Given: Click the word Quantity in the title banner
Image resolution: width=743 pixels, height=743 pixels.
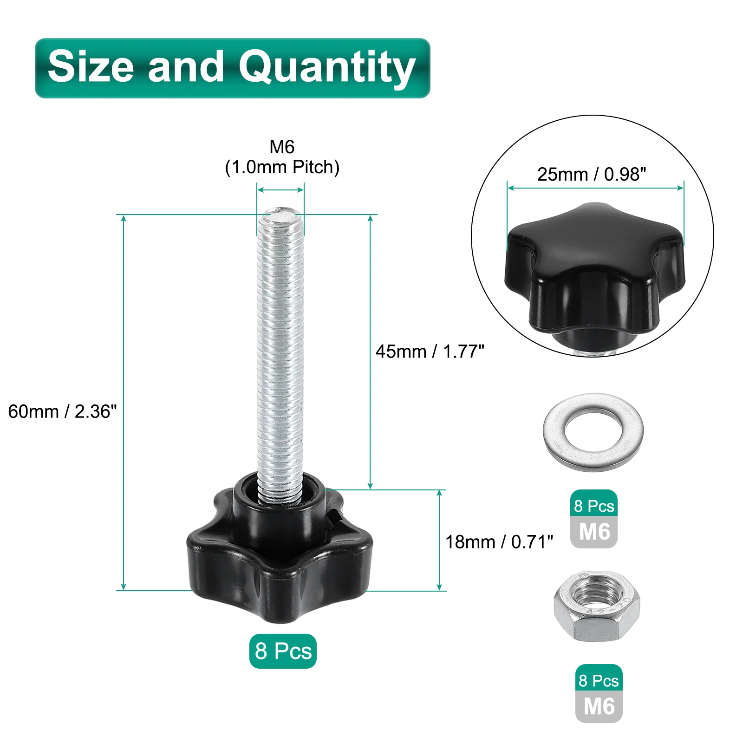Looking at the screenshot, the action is pyautogui.click(x=327, y=68).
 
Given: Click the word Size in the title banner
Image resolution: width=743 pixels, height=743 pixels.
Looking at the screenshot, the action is pyautogui.click(x=91, y=66).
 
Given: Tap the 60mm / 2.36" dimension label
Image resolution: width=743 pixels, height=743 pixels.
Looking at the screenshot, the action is pyautogui.click(x=63, y=411).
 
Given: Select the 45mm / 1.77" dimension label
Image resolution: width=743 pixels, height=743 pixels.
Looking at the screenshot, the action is pyautogui.click(x=430, y=352).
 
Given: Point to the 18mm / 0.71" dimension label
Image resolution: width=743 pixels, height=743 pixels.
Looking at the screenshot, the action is pyautogui.click(x=499, y=541).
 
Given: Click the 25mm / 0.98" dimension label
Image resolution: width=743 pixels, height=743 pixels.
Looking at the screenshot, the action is pyautogui.click(x=592, y=174).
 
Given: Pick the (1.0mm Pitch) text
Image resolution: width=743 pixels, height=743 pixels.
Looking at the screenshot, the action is pyautogui.click(x=282, y=167).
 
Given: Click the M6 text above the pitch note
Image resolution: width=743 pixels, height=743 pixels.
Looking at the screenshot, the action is pyautogui.click(x=282, y=147).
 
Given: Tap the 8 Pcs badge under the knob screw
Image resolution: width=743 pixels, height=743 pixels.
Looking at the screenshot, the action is pyautogui.click(x=283, y=651).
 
